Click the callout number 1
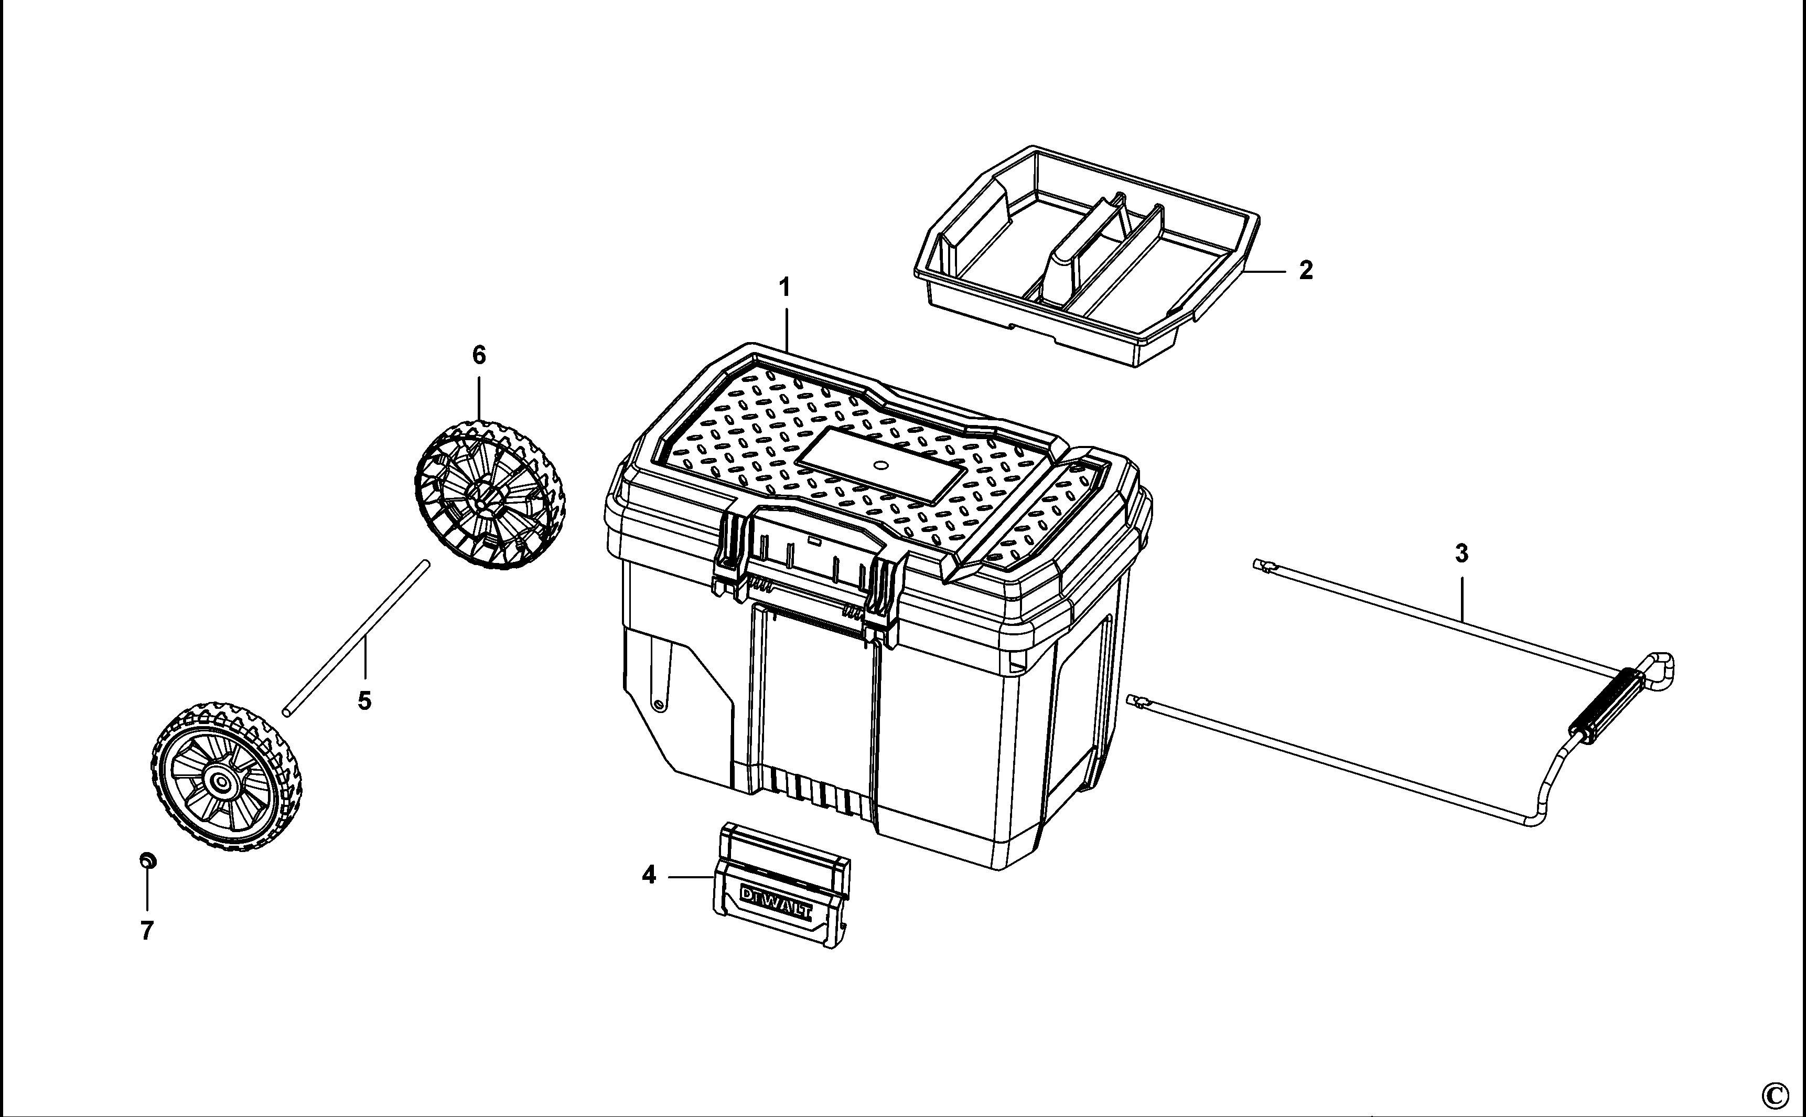click(x=785, y=286)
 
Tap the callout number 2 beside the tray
click(x=1306, y=270)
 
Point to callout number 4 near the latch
click(x=649, y=876)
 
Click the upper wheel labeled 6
click(x=488, y=495)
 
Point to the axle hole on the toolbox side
click(x=657, y=705)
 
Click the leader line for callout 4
click(x=690, y=877)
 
